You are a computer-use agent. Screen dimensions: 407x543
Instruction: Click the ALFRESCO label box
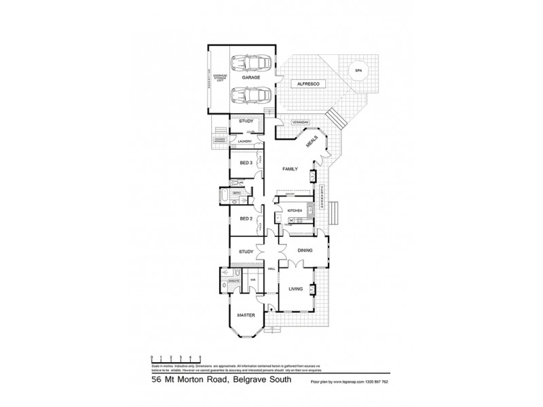click(x=309, y=83)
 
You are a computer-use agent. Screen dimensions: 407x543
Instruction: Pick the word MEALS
click(x=313, y=140)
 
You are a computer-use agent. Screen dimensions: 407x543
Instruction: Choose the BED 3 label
click(x=246, y=163)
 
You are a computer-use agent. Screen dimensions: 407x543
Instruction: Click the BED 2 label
click(x=246, y=219)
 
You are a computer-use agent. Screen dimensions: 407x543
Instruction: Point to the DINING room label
click(x=304, y=251)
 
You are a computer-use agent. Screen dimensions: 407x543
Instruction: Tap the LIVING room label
click(x=296, y=290)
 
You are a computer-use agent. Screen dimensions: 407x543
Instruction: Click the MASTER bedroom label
click(x=244, y=315)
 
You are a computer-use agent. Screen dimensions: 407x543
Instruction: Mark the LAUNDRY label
click(x=244, y=141)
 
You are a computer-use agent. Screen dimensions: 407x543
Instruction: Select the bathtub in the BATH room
click(x=225, y=198)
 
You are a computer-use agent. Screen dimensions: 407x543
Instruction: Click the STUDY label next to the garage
click(x=244, y=121)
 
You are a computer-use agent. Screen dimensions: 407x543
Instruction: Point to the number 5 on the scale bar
click(x=200, y=357)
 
